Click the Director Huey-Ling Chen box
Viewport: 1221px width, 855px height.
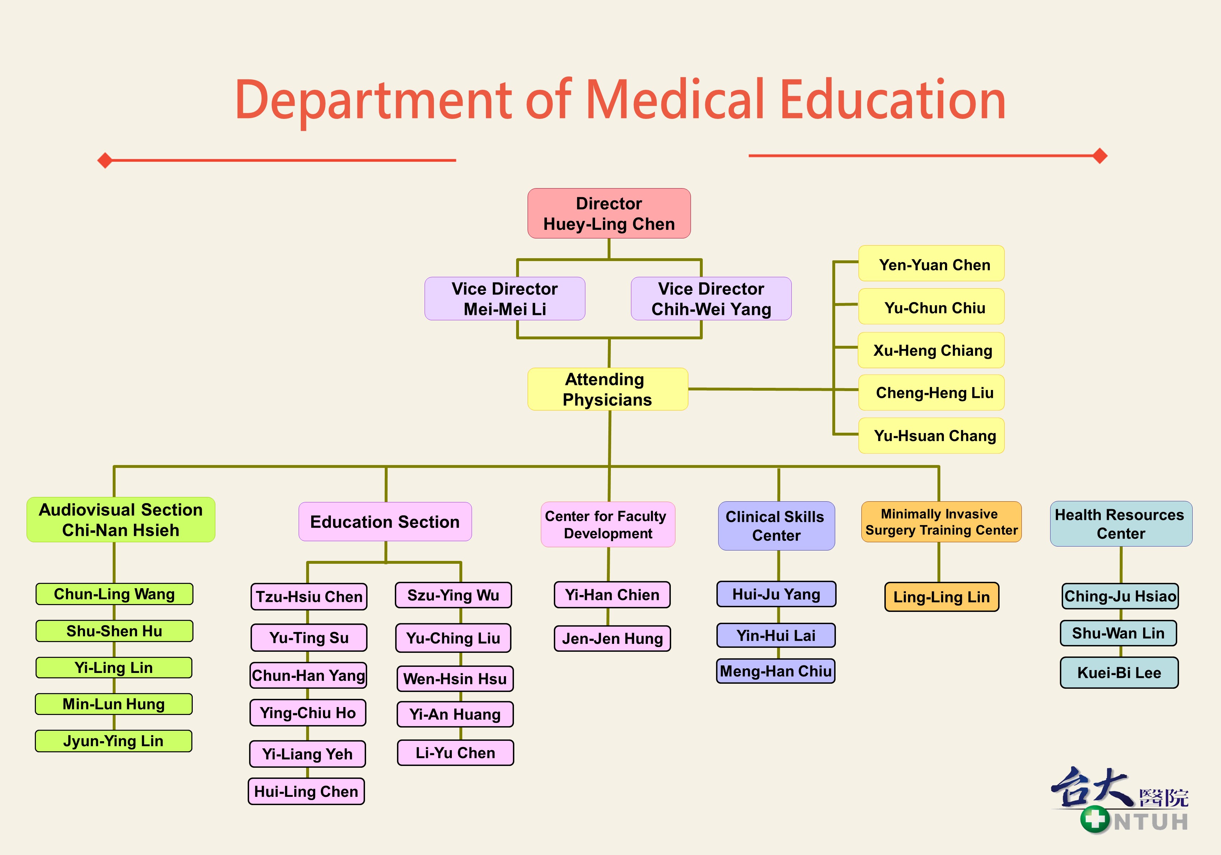tap(609, 213)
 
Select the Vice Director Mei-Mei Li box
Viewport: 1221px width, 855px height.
tap(505, 298)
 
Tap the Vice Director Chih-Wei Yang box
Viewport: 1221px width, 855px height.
tap(711, 298)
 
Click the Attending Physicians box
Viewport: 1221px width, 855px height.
tap(607, 389)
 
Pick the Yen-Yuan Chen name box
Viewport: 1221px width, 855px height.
tap(931, 263)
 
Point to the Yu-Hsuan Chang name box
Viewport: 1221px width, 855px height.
tap(931, 436)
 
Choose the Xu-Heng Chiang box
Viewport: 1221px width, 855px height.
tap(931, 350)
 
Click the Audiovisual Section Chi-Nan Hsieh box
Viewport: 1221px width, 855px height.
tap(121, 520)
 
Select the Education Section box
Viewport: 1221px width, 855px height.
tap(385, 521)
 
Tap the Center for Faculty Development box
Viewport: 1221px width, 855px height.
tap(608, 525)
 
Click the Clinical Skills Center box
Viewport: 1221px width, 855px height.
tap(776, 526)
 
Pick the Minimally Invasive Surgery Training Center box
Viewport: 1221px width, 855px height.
tap(941, 522)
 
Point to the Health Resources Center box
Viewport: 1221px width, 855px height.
tap(1121, 524)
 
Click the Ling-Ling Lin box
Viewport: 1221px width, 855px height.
tap(942, 597)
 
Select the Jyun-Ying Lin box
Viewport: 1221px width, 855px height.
tap(113, 740)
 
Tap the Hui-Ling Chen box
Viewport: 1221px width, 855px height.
tap(306, 791)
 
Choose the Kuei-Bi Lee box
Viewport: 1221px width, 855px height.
tap(1119, 673)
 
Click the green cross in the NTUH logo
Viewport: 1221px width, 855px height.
tap(1094, 819)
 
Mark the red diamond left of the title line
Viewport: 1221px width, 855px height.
tap(105, 160)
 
